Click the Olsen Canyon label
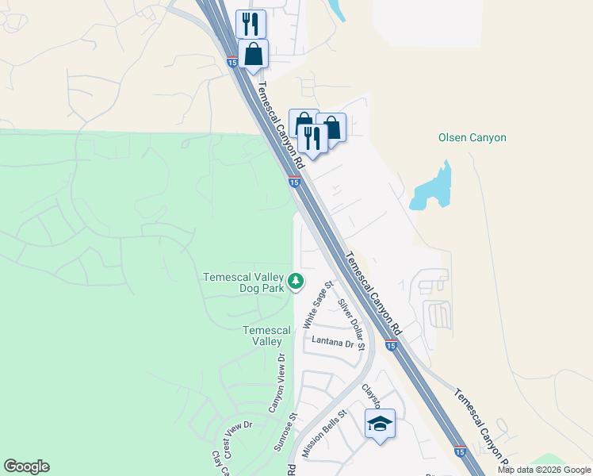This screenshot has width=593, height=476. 472,137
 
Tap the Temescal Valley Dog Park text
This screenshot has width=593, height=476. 243,282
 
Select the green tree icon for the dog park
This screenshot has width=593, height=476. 295,281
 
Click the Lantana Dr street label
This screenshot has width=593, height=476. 332,343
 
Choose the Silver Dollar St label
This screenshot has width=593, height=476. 350,324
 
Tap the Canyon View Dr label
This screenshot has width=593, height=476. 277,383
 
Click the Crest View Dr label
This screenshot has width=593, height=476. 237,439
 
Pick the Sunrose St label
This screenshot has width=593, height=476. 284,432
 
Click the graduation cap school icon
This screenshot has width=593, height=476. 380,424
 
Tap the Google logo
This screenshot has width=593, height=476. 26,466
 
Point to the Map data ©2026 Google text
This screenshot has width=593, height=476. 544,470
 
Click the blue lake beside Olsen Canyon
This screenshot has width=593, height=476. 431,190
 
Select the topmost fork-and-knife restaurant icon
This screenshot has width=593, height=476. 251,23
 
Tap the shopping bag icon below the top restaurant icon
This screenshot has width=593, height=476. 253,54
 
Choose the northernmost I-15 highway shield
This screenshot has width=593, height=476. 231,62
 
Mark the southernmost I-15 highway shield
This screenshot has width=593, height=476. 460,451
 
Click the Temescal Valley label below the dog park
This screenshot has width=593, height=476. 262,336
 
